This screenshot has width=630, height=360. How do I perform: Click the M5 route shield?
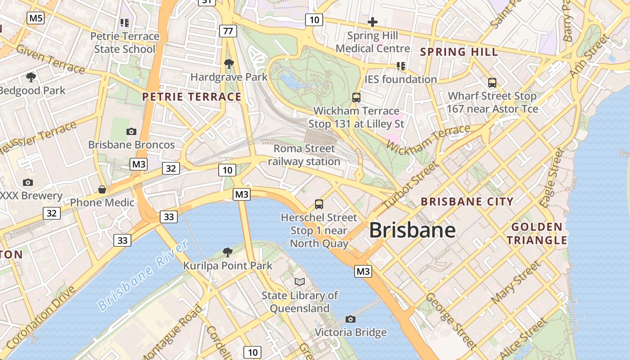point(36,18)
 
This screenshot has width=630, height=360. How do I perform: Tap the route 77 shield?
point(229,31)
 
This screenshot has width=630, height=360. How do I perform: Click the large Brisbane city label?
point(412,230)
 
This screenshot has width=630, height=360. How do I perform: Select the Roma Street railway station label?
point(304,155)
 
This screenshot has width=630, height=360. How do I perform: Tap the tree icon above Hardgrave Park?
point(229,64)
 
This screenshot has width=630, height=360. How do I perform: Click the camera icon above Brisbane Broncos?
point(131,131)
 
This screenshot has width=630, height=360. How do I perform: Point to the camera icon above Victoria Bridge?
point(351,319)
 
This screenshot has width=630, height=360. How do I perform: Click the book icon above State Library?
point(300,282)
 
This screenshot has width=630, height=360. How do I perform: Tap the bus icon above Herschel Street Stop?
point(319,204)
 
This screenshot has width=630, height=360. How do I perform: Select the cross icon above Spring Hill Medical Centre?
point(373,22)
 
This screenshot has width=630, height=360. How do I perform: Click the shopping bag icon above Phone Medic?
point(102,189)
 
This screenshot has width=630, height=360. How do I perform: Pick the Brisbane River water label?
point(143,275)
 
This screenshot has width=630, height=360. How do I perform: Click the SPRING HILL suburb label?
point(459,52)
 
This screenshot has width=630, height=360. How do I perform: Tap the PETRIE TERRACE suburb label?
point(192,97)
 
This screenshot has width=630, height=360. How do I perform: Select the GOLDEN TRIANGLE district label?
point(537,233)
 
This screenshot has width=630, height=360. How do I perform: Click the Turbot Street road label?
point(410,184)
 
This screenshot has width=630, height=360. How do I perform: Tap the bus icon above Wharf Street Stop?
point(492,83)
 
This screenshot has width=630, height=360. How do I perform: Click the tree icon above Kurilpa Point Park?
point(228,252)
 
